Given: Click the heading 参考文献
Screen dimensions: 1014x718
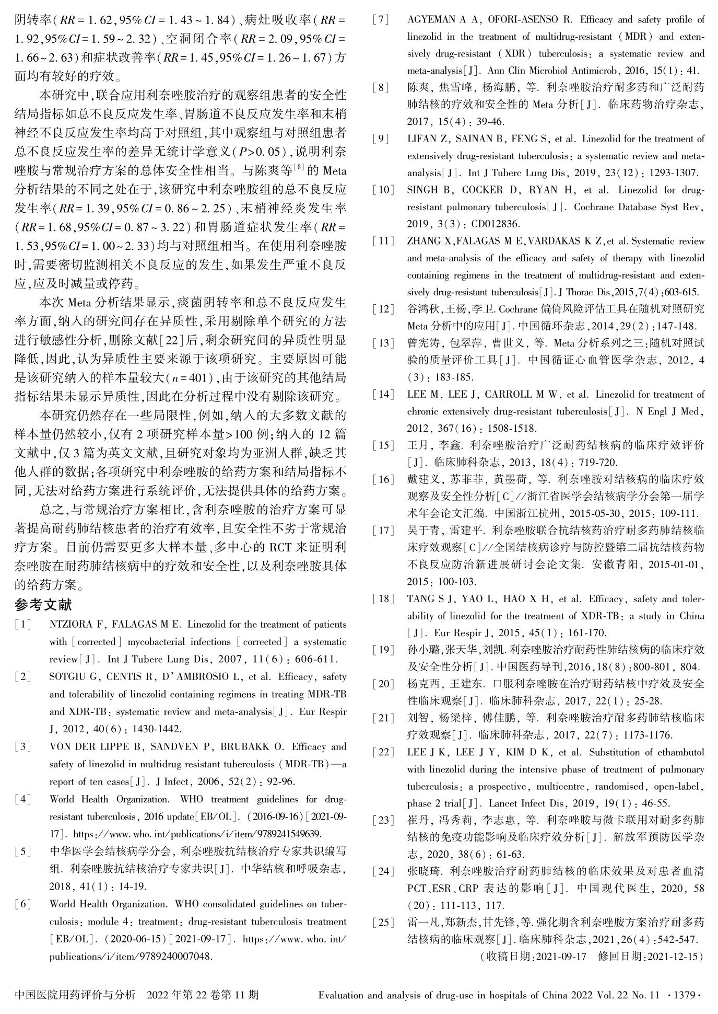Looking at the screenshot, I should point(43,605).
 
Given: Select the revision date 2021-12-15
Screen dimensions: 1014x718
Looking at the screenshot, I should point(674,957).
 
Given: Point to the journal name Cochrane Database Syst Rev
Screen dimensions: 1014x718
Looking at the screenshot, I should point(637,207).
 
